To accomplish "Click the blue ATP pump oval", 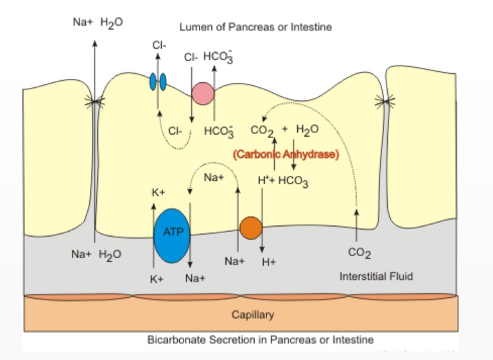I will [171, 235].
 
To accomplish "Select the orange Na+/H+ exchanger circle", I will [251, 227].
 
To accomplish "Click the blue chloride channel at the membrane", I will [158, 81].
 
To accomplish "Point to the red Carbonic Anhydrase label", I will [286, 154].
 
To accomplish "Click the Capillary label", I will [252, 314].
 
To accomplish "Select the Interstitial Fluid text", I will [376, 277].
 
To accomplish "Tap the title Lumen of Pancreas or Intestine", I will [255, 27].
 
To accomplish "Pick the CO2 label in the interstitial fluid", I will [359, 255].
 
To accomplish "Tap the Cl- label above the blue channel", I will [159, 45].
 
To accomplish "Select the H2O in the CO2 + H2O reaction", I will [307, 130].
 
